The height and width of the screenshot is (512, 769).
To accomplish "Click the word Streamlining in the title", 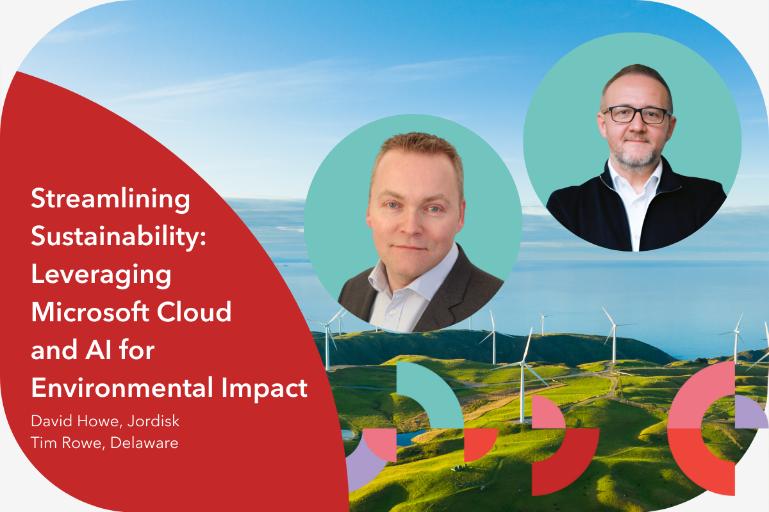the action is (110, 199).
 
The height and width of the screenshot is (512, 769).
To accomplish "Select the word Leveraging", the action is (101, 276).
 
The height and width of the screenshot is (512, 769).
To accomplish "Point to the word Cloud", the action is (194, 312).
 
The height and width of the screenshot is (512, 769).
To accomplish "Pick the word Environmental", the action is (122, 387).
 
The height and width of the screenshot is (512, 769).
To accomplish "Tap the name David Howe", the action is (74, 420).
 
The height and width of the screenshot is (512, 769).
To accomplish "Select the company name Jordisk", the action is (153, 421).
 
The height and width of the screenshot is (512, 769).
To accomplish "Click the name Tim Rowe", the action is (66, 443).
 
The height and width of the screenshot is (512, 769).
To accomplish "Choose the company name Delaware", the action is (144, 443).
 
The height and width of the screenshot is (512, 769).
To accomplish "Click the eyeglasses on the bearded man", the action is (636, 115).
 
